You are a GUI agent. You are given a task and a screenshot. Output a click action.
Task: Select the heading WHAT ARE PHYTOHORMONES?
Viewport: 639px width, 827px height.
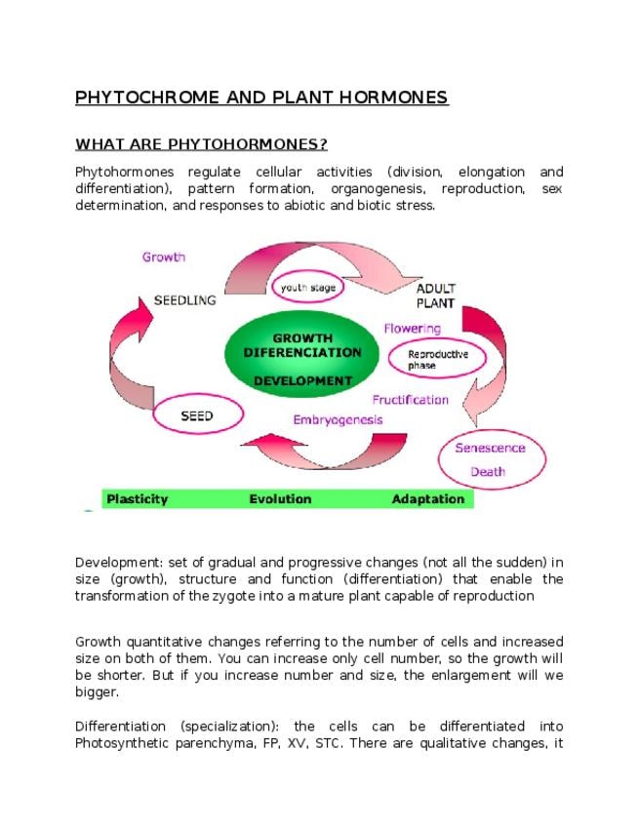click(201, 145)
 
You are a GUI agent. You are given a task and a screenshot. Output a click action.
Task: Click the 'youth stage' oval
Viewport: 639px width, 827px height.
click(309, 288)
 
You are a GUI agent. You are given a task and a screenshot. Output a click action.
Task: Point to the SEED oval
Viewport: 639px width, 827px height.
click(196, 416)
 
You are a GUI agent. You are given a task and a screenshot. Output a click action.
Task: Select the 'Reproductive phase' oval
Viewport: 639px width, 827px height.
click(437, 358)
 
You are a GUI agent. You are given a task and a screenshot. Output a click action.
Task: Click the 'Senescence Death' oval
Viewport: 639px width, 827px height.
click(490, 459)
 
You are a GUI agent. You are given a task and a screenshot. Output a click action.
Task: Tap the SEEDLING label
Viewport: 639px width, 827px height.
click(184, 300)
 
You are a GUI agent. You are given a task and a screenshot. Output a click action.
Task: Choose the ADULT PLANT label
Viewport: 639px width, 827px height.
click(436, 295)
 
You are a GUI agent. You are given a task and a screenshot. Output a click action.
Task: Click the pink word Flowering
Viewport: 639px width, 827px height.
click(412, 329)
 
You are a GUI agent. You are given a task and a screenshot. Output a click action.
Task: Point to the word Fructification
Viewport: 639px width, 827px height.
click(410, 400)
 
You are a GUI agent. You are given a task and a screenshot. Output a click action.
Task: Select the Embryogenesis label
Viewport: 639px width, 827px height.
click(338, 419)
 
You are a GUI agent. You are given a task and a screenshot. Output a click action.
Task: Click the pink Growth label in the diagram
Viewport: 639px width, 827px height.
click(164, 257)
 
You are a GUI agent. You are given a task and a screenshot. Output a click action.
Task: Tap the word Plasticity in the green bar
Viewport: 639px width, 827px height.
click(137, 499)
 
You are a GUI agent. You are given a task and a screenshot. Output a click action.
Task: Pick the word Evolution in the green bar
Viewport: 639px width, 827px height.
click(280, 499)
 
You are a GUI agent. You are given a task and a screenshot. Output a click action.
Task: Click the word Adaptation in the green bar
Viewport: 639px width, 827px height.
click(428, 499)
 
